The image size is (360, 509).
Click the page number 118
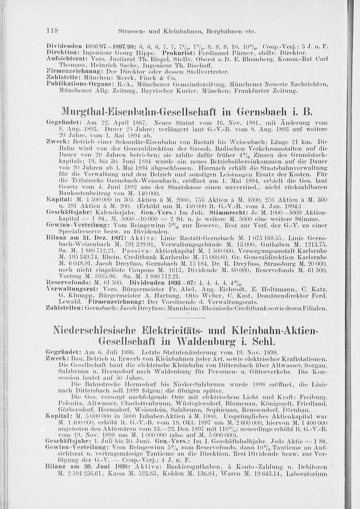[53, 31]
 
